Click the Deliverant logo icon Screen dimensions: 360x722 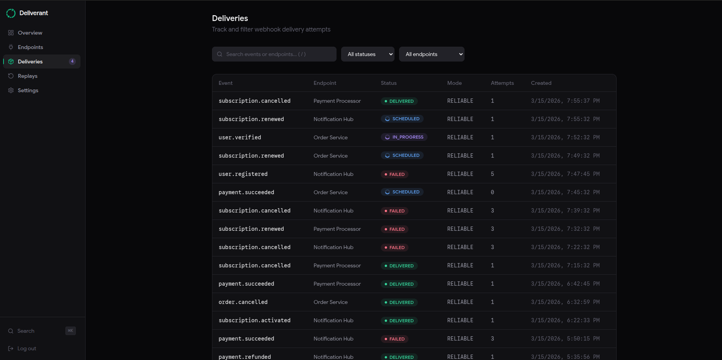11,13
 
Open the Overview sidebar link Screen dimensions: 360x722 30,33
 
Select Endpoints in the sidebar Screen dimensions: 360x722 30,47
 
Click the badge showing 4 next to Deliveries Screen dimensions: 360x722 72,61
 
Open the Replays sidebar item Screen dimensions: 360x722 28,76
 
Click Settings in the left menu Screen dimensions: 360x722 28,90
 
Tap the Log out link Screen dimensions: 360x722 26,348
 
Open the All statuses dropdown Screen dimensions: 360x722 368,54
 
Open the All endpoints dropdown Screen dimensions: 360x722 432,54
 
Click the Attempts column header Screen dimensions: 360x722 502,83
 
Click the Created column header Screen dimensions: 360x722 541,83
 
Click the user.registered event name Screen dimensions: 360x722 243,174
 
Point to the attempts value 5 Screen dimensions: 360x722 492,174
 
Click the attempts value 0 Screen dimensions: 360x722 492,192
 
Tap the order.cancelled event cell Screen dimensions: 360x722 243,302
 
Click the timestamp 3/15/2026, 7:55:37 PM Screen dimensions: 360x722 565,101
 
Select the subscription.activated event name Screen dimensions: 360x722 254,320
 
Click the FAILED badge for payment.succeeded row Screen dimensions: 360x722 394,339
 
